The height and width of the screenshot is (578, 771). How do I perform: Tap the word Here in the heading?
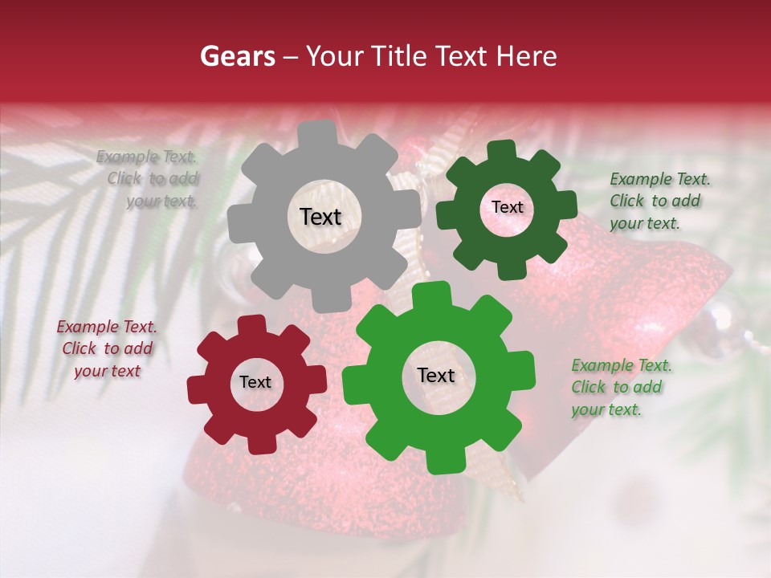(527, 56)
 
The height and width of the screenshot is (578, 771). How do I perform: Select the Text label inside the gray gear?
(320, 217)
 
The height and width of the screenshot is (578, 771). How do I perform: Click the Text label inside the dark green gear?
(507, 207)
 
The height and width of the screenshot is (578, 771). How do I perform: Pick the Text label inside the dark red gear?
(255, 383)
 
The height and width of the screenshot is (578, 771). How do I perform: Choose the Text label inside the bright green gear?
(436, 376)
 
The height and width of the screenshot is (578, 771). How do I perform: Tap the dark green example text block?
(659, 201)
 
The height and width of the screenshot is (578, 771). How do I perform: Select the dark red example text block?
(107, 348)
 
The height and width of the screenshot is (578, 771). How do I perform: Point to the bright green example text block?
(620, 387)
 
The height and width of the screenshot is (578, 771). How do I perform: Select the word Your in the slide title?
(332, 56)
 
